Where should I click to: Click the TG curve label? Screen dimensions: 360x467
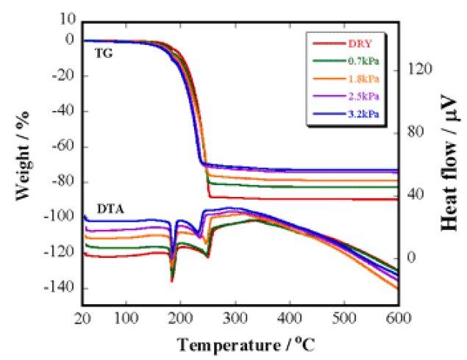[x=103, y=54]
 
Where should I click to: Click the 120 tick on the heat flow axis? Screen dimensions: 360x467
[x=419, y=71]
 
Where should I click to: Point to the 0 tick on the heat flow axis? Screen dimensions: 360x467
[x=413, y=258]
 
